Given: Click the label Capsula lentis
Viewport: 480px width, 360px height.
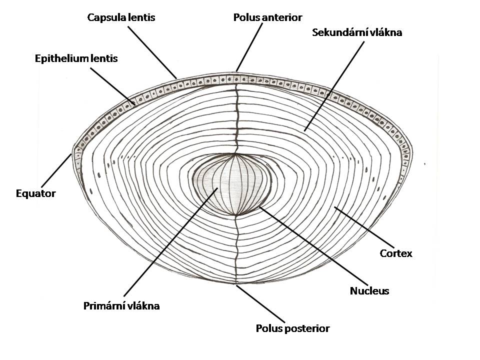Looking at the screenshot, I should tap(121, 17).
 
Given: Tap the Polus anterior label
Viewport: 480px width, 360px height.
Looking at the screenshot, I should tap(267, 17).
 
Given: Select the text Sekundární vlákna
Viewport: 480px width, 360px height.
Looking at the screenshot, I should tap(357, 33).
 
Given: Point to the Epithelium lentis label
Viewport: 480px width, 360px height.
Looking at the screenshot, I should tap(76, 58).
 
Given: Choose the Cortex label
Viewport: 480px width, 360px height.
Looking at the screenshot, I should tap(396, 253).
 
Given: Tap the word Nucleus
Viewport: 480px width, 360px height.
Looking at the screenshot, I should tap(369, 290).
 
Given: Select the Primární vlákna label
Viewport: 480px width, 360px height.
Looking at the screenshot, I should tap(121, 306).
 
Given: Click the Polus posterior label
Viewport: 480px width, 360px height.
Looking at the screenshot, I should tap(292, 328).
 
